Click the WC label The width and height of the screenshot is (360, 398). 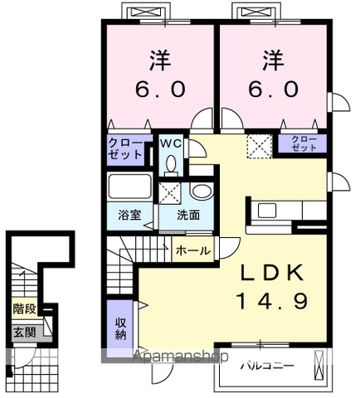[x=171, y=143]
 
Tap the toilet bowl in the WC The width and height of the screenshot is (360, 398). [x=171, y=164]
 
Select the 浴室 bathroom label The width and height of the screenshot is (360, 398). [x=129, y=215]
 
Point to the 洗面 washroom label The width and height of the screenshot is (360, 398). [x=188, y=215]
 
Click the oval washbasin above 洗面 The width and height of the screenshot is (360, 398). [x=202, y=191]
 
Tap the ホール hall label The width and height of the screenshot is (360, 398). [x=193, y=251]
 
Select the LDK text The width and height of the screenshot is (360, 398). [x=272, y=273]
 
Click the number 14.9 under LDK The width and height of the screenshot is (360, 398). [x=272, y=301]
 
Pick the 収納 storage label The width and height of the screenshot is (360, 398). [x=120, y=328]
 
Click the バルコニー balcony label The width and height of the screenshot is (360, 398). [x=266, y=366]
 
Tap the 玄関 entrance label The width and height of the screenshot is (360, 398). [x=25, y=332]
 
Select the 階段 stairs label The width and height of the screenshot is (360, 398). [x=25, y=309]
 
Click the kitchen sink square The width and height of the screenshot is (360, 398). [x=267, y=211]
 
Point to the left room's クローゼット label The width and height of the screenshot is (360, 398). [x=125, y=149]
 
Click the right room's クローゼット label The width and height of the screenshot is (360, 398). [x=304, y=143]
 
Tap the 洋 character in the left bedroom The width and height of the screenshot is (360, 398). [x=160, y=60]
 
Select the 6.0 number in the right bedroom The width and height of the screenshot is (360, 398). [x=273, y=89]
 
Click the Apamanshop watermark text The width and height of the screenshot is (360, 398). [x=180, y=357]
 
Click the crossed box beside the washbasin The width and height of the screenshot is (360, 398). [x=170, y=192]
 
